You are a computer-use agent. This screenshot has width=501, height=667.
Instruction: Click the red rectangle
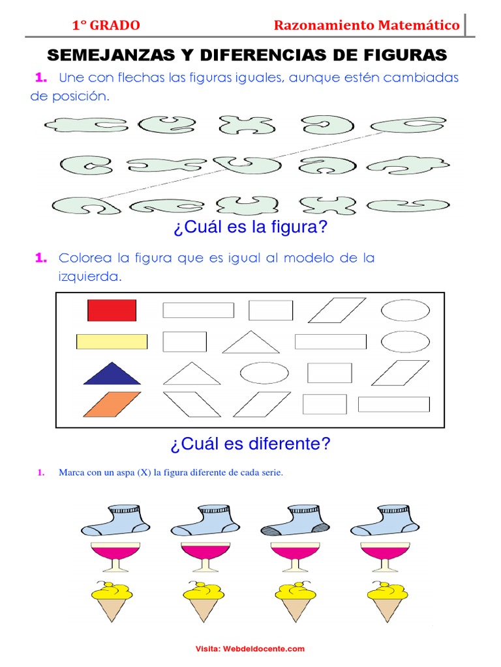pos(112,310)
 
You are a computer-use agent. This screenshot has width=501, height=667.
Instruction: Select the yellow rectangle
pos(112,341)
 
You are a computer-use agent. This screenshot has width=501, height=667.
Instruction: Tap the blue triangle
pos(112,374)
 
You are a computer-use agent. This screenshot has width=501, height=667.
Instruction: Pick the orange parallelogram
pos(112,404)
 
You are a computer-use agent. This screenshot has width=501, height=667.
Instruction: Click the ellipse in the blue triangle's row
pos(264,373)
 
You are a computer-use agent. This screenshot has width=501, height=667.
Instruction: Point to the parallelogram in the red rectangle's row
pos(337,310)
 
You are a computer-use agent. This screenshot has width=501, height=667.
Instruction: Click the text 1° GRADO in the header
pos(106,25)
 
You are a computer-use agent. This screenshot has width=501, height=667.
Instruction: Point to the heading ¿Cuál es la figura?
pos(250,229)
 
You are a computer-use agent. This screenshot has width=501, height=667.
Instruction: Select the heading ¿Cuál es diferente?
pos(250,444)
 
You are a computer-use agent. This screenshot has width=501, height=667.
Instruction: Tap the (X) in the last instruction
pos(144,473)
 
